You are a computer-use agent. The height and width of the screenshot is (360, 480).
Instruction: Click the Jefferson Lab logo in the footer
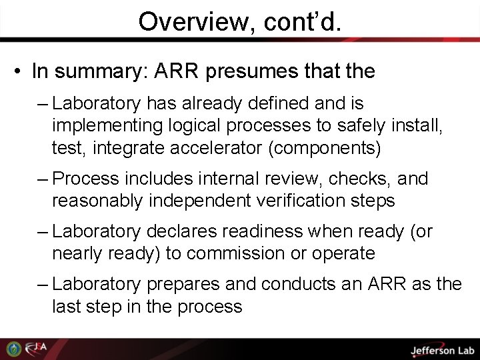(441, 349)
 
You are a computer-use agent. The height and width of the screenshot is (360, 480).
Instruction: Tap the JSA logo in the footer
(37, 349)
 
